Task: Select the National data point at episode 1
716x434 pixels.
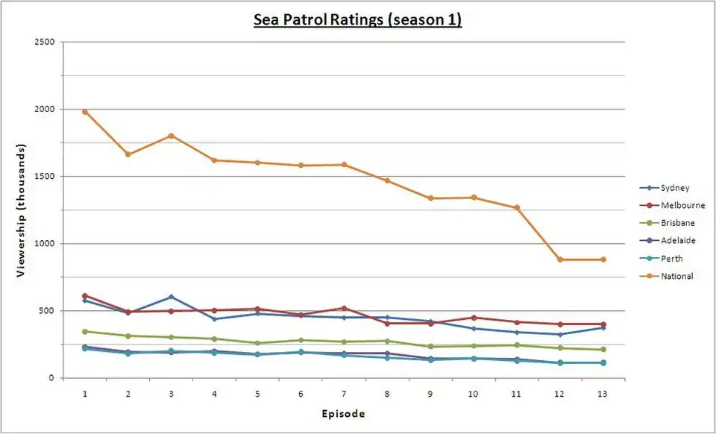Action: click(x=85, y=112)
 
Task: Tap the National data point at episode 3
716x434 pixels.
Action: click(x=172, y=136)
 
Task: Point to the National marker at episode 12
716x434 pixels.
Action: click(x=560, y=260)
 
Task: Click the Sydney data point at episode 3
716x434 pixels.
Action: click(x=172, y=297)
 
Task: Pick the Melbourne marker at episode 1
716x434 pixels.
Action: click(x=85, y=296)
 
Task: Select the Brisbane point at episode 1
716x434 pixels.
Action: click(x=85, y=331)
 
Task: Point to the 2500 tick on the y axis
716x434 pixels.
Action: click(x=45, y=42)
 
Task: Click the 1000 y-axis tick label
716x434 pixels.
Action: click(x=45, y=244)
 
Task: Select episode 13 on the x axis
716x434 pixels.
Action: click(x=603, y=392)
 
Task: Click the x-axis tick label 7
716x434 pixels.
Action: click(x=344, y=392)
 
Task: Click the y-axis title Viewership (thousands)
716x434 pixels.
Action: click(x=22, y=210)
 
